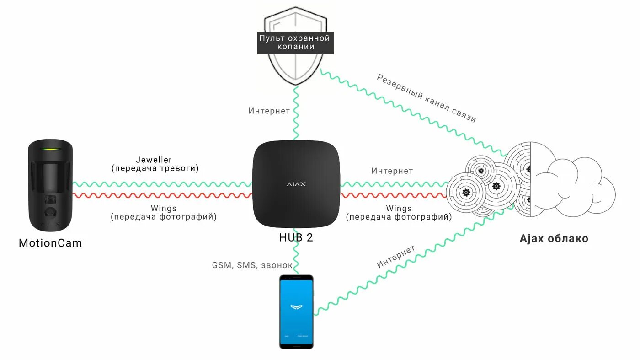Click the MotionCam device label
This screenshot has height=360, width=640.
pyautogui.click(x=50, y=242)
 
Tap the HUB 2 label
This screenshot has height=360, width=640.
pyautogui.click(x=296, y=238)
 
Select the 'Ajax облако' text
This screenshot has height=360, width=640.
pyautogui.click(x=554, y=238)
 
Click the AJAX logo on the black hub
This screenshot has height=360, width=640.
pyautogui.click(x=296, y=184)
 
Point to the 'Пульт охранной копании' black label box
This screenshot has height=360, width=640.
pyautogui.click(x=294, y=43)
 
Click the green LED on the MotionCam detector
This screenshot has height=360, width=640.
pyautogui.click(x=50, y=149)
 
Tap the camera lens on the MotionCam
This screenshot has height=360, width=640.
pyautogui.click(x=50, y=211)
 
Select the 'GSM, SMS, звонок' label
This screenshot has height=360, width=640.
pyautogui.click(x=252, y=265)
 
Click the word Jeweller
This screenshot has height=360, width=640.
pyautogui.click(x=154, y=160)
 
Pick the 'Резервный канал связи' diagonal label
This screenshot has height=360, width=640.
pyautogui.click(x=426, y=98)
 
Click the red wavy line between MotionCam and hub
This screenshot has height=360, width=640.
pyautogui.click(x=162, y=195)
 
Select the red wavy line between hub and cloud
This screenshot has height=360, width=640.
pyautogui.click(x=393, y=195)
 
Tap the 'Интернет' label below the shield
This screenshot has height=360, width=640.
pyautogui.click(x=269, y=111)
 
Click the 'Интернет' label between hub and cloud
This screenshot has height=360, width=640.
pyautogui.click(x=392, y=171)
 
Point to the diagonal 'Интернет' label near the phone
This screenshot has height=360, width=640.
pyautogui.click(x=396, y=257)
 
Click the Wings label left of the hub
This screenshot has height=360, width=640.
pyautogui.click(x=163, y=208)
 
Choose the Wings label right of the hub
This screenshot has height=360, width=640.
pyautogui.click(x=398, y=209)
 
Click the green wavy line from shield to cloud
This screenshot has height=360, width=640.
pyautogui.click(x=411, y=110)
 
